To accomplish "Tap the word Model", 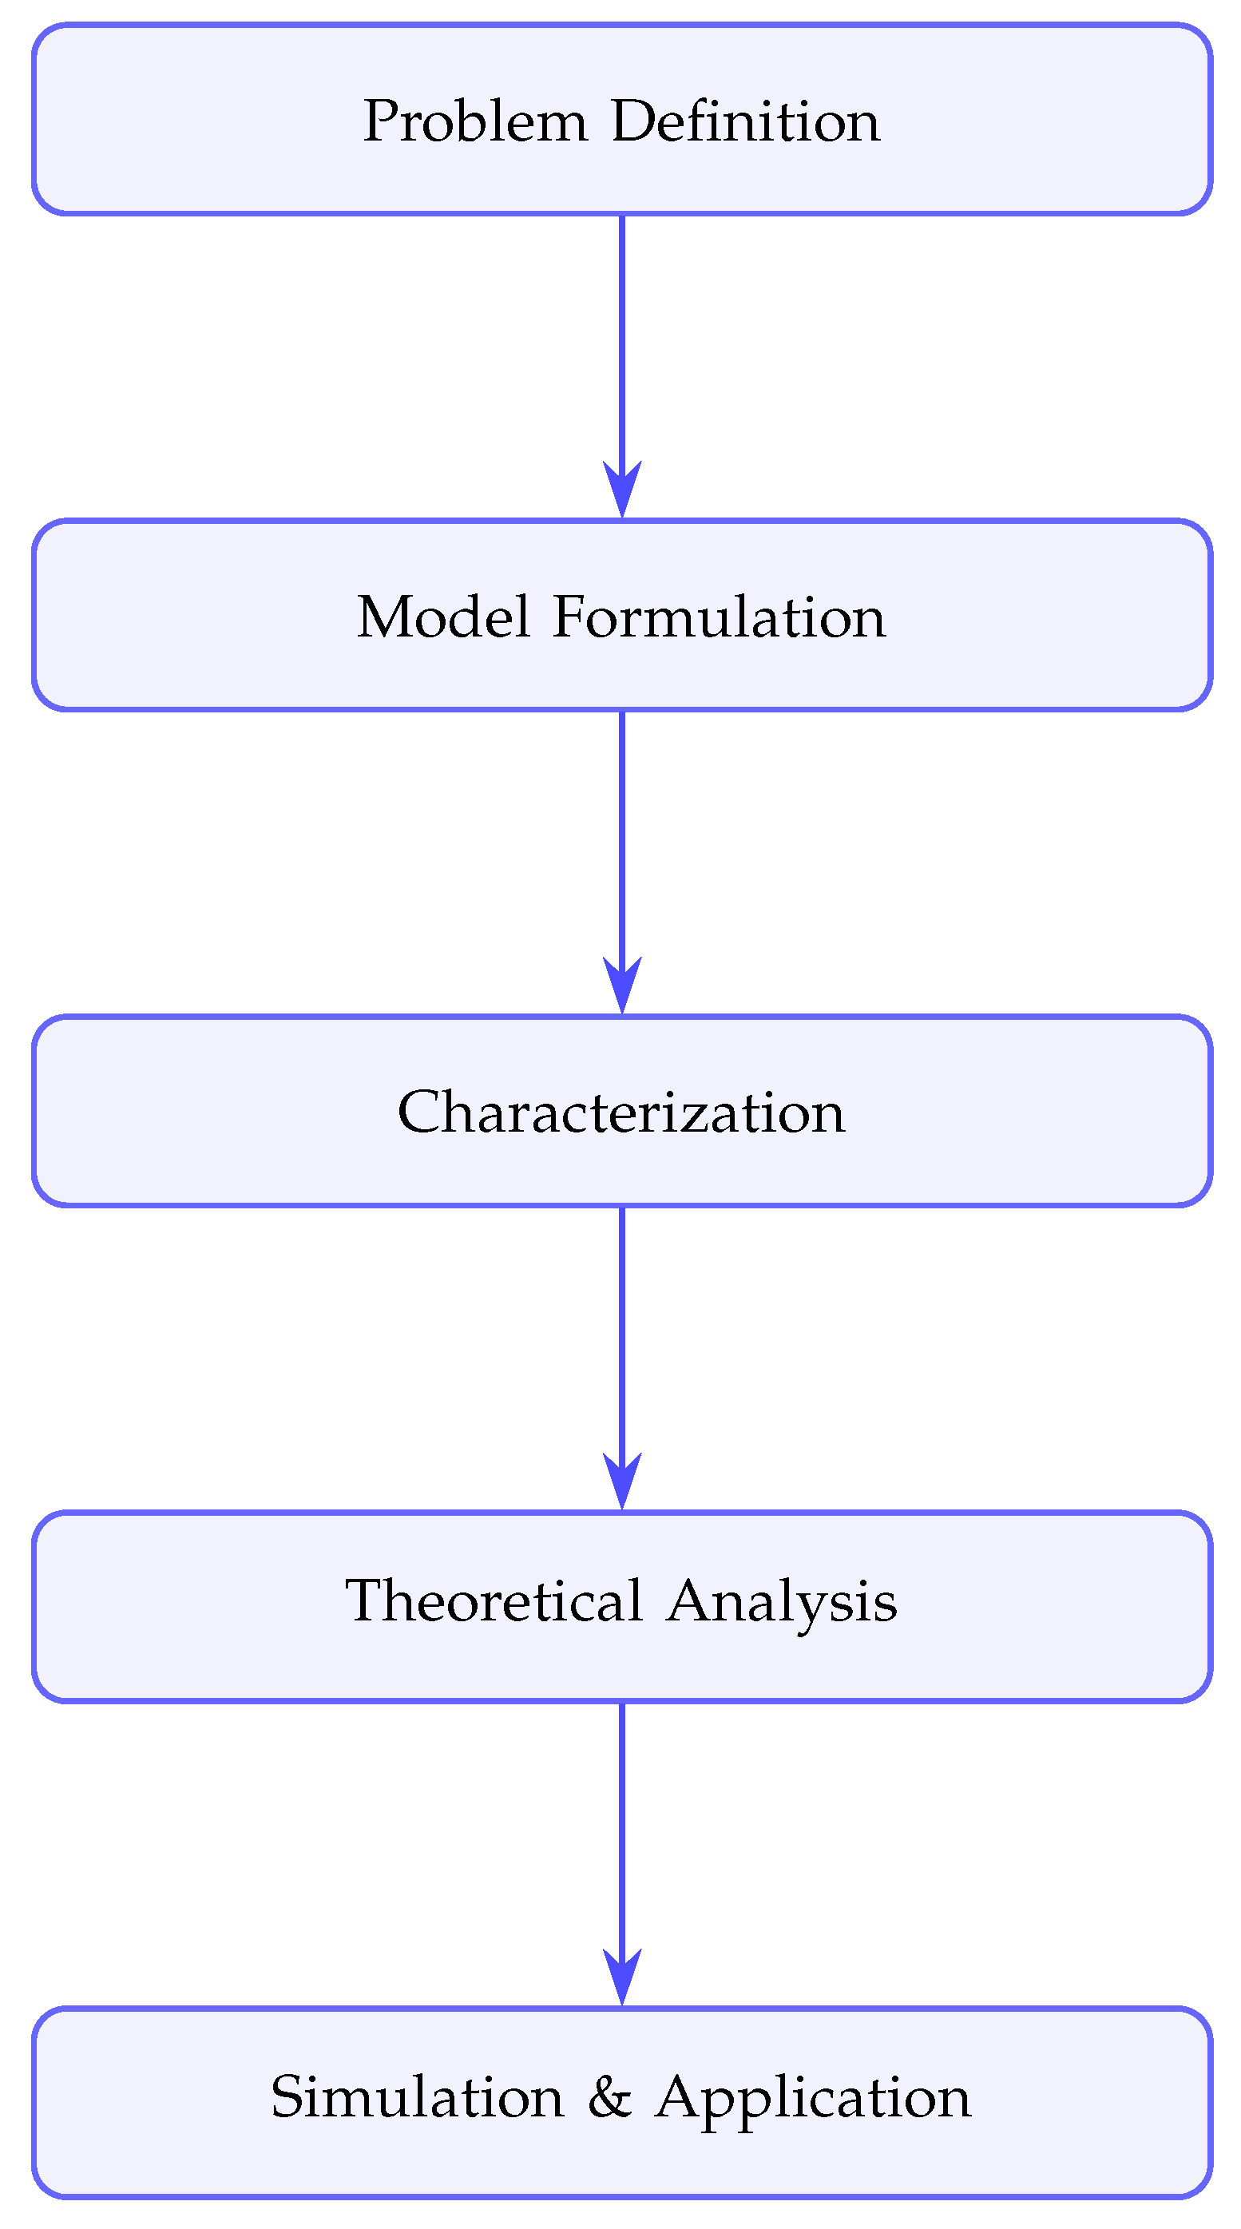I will tap(443, 618).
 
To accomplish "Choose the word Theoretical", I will tap(494, 1600).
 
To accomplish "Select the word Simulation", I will tap(417, 2097).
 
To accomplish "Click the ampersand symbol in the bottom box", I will tap(609, 2097).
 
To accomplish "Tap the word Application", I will tap(813, 2099).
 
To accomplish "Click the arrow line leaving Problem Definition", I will tap(622, 338).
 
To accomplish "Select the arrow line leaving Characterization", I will tap(622, 1329).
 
